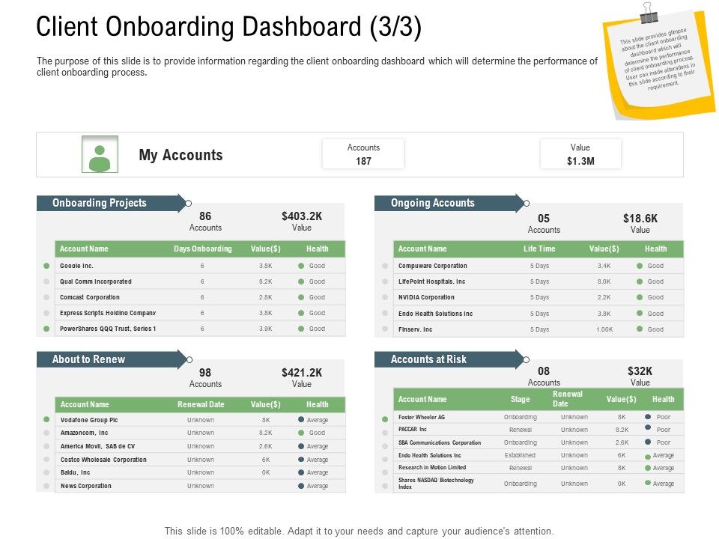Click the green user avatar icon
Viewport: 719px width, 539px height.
(100, 154)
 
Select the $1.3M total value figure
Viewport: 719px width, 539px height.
(580, 161)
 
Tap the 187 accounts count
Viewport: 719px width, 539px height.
(363, 161)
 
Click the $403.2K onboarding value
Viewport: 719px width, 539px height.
(302, 216)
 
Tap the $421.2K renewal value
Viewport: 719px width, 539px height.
(302, 372)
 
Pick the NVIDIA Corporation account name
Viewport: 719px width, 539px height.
(426, 297)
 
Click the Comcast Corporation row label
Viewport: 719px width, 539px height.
(89, 297)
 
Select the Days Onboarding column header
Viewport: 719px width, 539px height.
(202, 249)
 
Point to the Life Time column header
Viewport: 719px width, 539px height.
(539, 249)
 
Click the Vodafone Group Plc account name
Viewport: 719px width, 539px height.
(89, 420)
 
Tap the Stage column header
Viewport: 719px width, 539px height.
(520, 400)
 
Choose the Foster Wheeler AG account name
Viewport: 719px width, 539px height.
(422, 417)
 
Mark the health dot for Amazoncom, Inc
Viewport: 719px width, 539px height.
(301, 433)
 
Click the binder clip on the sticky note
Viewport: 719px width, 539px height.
(649, 13)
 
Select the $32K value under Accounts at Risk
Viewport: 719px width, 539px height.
(640, 371)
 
